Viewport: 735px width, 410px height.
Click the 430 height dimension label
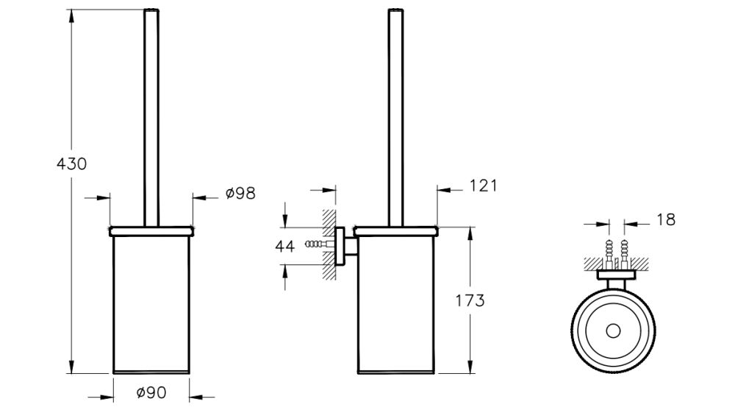[x=71, y=163]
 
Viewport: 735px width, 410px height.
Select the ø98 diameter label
[x=240, y=194]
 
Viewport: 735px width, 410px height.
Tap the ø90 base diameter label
[x=151, y=393]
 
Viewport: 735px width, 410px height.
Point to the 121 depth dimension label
[x=482, y=185]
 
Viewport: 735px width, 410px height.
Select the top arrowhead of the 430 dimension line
[x=71, y=12]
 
